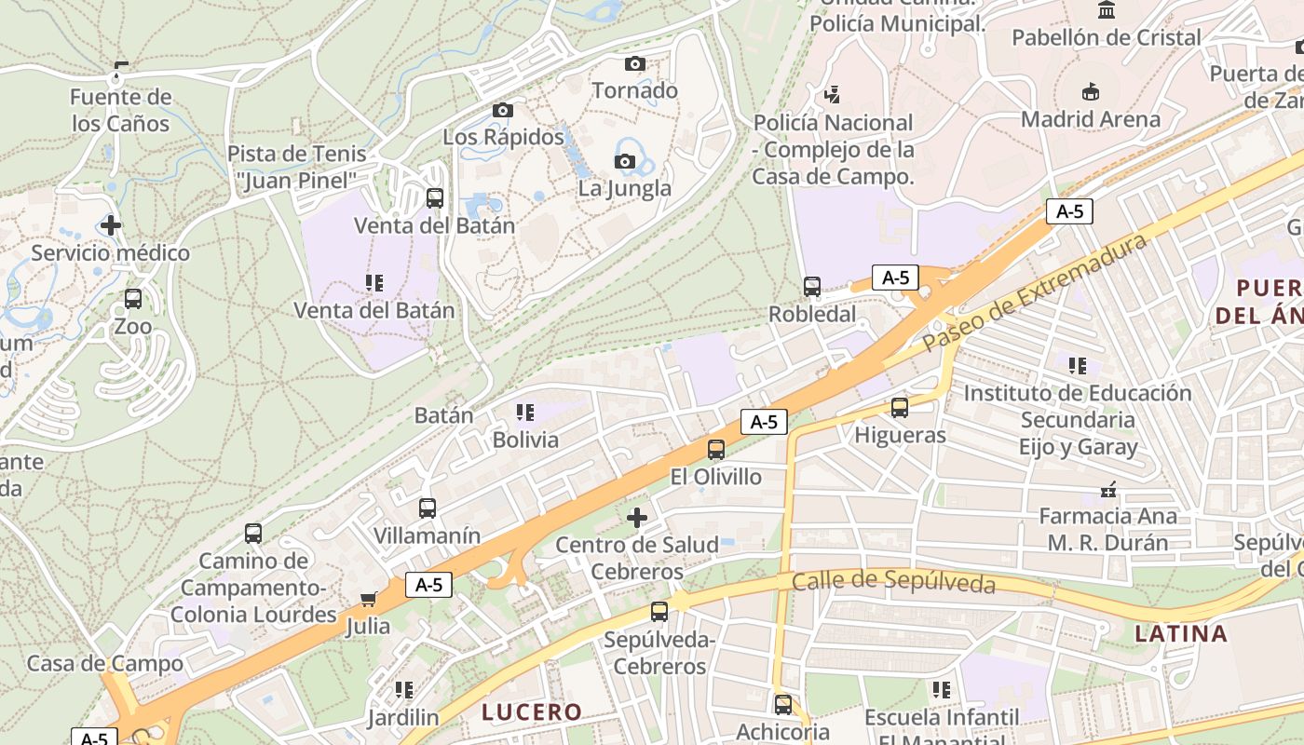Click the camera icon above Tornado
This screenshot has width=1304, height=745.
635,63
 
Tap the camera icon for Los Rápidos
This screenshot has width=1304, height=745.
502,110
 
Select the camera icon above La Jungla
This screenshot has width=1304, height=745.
625,161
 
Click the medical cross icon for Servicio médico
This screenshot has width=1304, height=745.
111,225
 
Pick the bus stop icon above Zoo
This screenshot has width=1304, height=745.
133,299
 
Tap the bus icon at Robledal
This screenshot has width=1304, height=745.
812,287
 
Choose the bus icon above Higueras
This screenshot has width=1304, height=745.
900,407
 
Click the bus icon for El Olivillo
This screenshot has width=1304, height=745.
716,449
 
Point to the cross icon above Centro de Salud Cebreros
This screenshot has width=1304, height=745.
637,517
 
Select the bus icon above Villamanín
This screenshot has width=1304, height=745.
428,508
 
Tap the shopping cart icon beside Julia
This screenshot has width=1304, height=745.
368,599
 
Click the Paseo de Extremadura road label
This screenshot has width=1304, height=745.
1034,292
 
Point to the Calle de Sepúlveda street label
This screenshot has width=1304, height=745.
893,583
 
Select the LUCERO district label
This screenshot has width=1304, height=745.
532,712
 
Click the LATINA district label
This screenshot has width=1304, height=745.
1182,634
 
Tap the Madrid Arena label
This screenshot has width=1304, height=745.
1091,119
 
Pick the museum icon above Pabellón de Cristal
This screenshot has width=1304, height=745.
1107,10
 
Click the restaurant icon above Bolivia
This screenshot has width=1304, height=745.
525,412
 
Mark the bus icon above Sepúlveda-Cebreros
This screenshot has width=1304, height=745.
659,612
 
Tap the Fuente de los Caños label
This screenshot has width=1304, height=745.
121,110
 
